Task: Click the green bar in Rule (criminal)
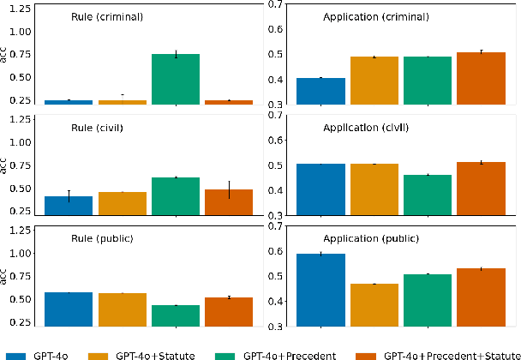pos(176,79)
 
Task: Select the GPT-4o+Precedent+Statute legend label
pos(452,353)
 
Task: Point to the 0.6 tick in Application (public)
pos(278,251)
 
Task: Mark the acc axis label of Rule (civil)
pos(4,165)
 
